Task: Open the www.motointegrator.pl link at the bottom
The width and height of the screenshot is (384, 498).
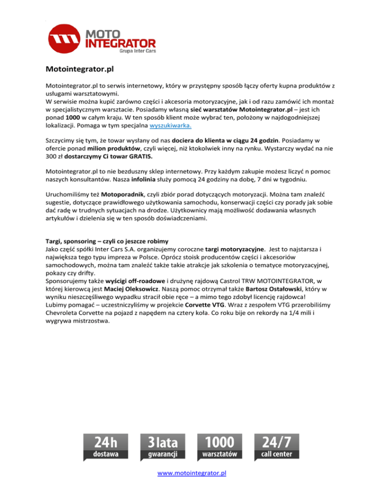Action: (x=192, y=472)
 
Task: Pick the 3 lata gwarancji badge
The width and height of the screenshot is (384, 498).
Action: (x=163, y=447)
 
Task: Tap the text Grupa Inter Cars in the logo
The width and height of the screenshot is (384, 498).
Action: (x=136, y=50)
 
